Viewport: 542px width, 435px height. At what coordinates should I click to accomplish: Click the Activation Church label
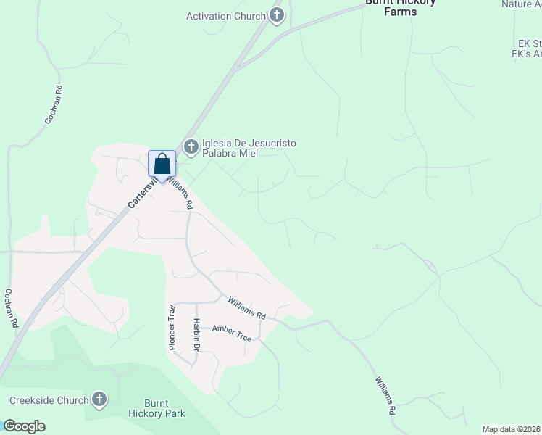(x=226, y=16)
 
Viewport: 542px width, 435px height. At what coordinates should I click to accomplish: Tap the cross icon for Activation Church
(x=276, y=15)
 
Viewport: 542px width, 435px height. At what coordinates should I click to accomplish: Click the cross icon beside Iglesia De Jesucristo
(x=191, y=148)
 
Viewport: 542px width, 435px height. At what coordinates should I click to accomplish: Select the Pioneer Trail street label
(x=172, y=327)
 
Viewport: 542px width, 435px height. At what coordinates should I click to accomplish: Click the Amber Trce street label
(x=231, y=329)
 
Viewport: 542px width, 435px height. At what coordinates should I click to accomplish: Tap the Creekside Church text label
(x=49, y=400)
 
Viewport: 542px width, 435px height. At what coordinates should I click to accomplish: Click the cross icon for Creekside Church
(x=99, y=399)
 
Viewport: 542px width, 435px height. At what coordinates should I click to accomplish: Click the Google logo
(x=24, y=426)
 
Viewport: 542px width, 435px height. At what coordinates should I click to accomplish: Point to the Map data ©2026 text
(x=511, y=429)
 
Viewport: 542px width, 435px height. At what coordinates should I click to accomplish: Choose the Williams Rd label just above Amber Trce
(x=247, y=307)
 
